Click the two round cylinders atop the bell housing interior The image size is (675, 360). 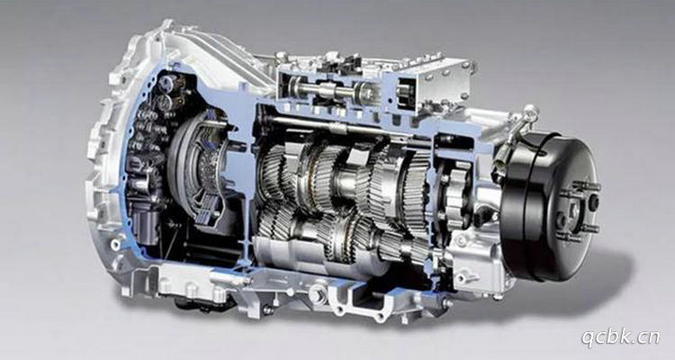click(x=166, y=91)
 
